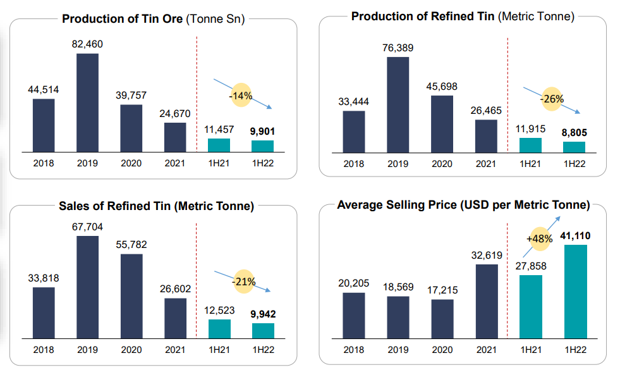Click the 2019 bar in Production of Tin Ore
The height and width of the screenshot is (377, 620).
click(x=87, y=102)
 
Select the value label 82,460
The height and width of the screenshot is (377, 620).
click(x=87, y=44)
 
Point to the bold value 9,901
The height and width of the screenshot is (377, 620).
click(x=263, y=131)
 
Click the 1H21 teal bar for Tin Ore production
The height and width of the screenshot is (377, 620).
click(x=219, y=145)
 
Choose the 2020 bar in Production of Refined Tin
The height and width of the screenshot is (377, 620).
click(x=442, y=123)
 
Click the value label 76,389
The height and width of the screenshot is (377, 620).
click(x=398, y=47)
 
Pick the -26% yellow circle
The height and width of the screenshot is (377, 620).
click(x=552, y=99)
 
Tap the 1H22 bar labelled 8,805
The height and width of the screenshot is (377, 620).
click(x=574, y=147)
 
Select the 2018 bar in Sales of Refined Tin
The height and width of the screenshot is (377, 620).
click(x=44, y=312)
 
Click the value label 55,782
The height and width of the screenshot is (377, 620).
click(x=131, y=244)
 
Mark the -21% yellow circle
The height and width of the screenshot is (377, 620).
click(x=243, y=281)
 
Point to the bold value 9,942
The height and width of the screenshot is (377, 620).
click(x=263, y=313)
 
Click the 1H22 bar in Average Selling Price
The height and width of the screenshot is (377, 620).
click(x=575, y=291)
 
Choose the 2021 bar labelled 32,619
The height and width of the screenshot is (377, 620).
click(x=487, y=301)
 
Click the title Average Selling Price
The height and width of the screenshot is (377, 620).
click(x=463, y=206)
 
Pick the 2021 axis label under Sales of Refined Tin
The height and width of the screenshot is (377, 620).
click(x=175, y=349)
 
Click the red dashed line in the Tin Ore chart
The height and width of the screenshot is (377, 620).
click(x=197, y=95)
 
